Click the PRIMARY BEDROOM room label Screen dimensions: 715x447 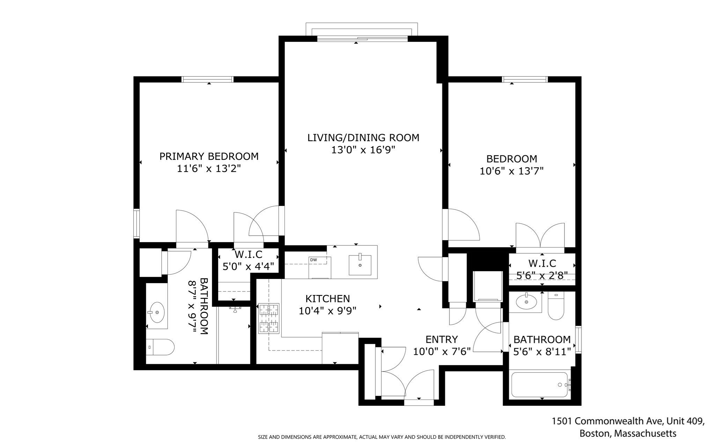[209, 156]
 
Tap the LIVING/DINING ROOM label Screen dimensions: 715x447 [363, 138]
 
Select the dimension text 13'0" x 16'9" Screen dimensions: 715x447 [363, 150]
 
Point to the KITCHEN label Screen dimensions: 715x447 [327, 299]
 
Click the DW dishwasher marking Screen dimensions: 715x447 [313, 260]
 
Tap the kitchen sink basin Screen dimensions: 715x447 [360, 265]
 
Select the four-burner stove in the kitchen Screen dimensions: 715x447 [269, 318]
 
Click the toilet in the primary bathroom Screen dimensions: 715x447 [160, 347]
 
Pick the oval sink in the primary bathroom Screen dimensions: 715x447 [156, 312]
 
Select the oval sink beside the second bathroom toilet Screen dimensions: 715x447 [526, 302]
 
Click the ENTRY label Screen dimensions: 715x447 [441, 339]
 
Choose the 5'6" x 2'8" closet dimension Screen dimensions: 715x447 [542, 276]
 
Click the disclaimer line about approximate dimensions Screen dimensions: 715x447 [382, 437]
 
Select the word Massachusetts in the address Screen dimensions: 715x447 [645, 434]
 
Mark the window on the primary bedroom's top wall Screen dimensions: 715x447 [207, 79]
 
